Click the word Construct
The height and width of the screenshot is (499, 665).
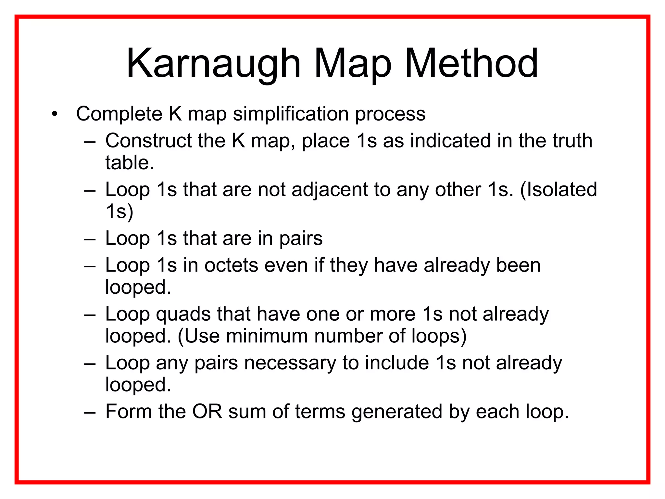pos(148,141)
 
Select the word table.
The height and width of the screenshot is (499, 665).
pos(129,163)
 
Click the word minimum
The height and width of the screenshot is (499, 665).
pos(267,336)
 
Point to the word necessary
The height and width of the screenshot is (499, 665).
pos(290,363)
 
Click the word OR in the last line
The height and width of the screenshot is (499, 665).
pos(207,412)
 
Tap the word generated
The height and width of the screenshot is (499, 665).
pos(397,412)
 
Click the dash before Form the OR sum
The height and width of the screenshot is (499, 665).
pos(90,412)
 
